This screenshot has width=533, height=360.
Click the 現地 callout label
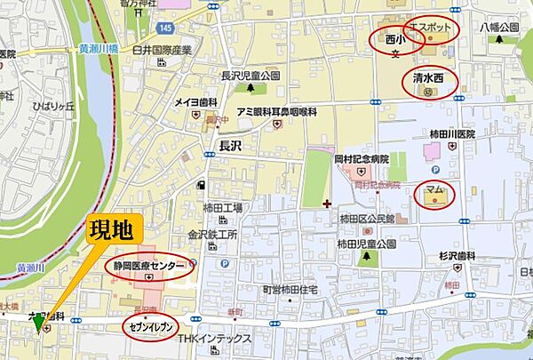[112, 231]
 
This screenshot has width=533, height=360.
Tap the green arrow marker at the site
[38, 325]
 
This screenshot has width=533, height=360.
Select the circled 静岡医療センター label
[149, 266]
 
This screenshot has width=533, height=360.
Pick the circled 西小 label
[394, 41]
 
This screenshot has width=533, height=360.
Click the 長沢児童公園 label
[251, 76]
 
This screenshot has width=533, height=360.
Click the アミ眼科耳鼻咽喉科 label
[276, 112]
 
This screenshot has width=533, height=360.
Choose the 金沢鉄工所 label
[212, 236]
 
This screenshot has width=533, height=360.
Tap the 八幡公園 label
[499, 28]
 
